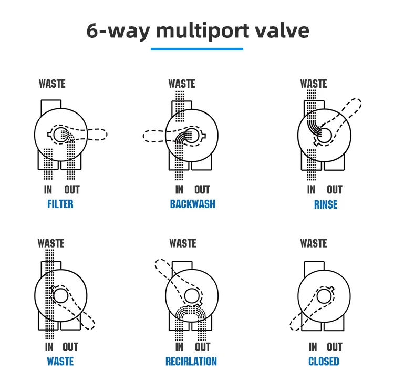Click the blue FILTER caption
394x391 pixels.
click(x=60, y=204)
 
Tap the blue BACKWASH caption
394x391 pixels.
click(x=192, y=204)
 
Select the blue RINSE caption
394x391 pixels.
click(x=326, y=204)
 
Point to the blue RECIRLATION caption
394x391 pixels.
click(x=191, y=362)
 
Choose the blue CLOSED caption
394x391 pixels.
click(x=324, y=362)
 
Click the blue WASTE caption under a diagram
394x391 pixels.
click(x=60, y=362)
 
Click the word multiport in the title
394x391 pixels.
click(x=203, y=31)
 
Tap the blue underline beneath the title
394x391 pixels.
click(x=197, y=49)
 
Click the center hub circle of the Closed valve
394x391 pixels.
click(x=324, y=296)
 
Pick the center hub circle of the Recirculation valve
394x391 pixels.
click(x=192, y=296)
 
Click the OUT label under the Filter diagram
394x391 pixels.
click(x=72, y=190)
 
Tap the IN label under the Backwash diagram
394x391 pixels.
click(x=179, y=190)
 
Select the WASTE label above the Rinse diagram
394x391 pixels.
click(x=314, y=84)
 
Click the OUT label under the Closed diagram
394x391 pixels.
click(x=335, y=347)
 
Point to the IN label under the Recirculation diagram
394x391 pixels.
click(x=179, y=347)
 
